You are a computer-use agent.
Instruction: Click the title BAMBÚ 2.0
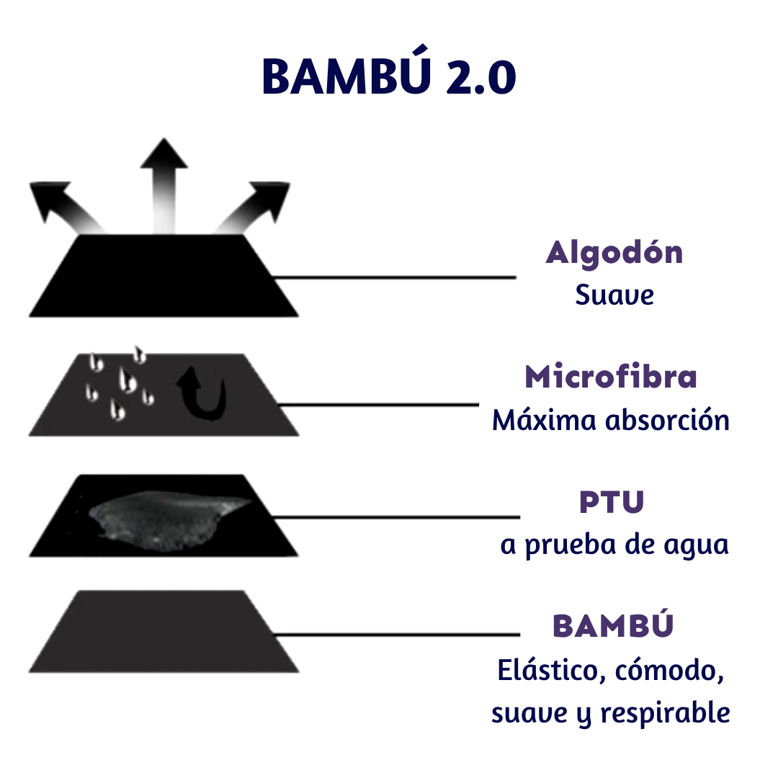(x=388, y=76)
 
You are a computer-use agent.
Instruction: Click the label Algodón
(x=614, y=253)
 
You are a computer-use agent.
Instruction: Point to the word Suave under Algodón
(x=614, y=295)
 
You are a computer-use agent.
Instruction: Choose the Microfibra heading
(x=611, y=377)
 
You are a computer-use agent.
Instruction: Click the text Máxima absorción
(x=611, y=420)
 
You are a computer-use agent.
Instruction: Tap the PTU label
(x=612, y=502)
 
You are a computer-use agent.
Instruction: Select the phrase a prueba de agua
(x=614, y=545)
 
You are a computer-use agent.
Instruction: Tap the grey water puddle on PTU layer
(x=166, y=517)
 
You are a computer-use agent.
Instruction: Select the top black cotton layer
(x=164, y=277)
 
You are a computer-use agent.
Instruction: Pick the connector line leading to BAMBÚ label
(x=396, y=635)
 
